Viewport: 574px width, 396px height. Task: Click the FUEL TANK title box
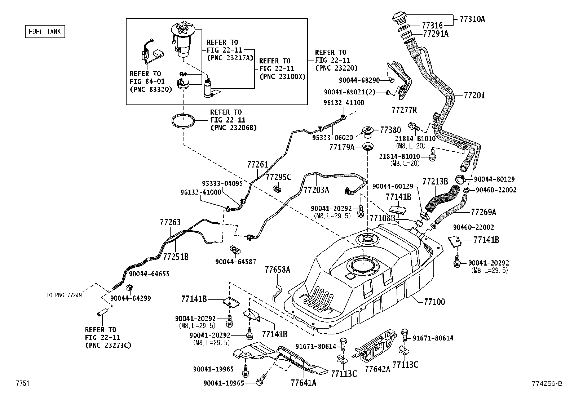click(45, 32)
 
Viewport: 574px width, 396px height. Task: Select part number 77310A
click(472, 19)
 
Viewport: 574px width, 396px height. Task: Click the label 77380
click(390, 130)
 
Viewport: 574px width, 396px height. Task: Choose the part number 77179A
click(342, 147)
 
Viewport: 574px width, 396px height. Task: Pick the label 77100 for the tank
click(432, 302)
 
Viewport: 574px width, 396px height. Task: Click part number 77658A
click(277, 270)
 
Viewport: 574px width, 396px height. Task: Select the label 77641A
click(303, 383)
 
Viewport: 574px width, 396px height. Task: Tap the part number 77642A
click(377, 369)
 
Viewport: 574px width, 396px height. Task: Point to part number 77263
click(170, 222)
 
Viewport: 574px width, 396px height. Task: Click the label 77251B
click(176, 257)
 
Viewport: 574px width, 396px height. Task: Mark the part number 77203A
click(316, 190)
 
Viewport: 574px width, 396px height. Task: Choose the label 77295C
click(278, 177)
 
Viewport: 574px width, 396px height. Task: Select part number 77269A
click(484, 212)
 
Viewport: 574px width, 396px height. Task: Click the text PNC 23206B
click(233, 128)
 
